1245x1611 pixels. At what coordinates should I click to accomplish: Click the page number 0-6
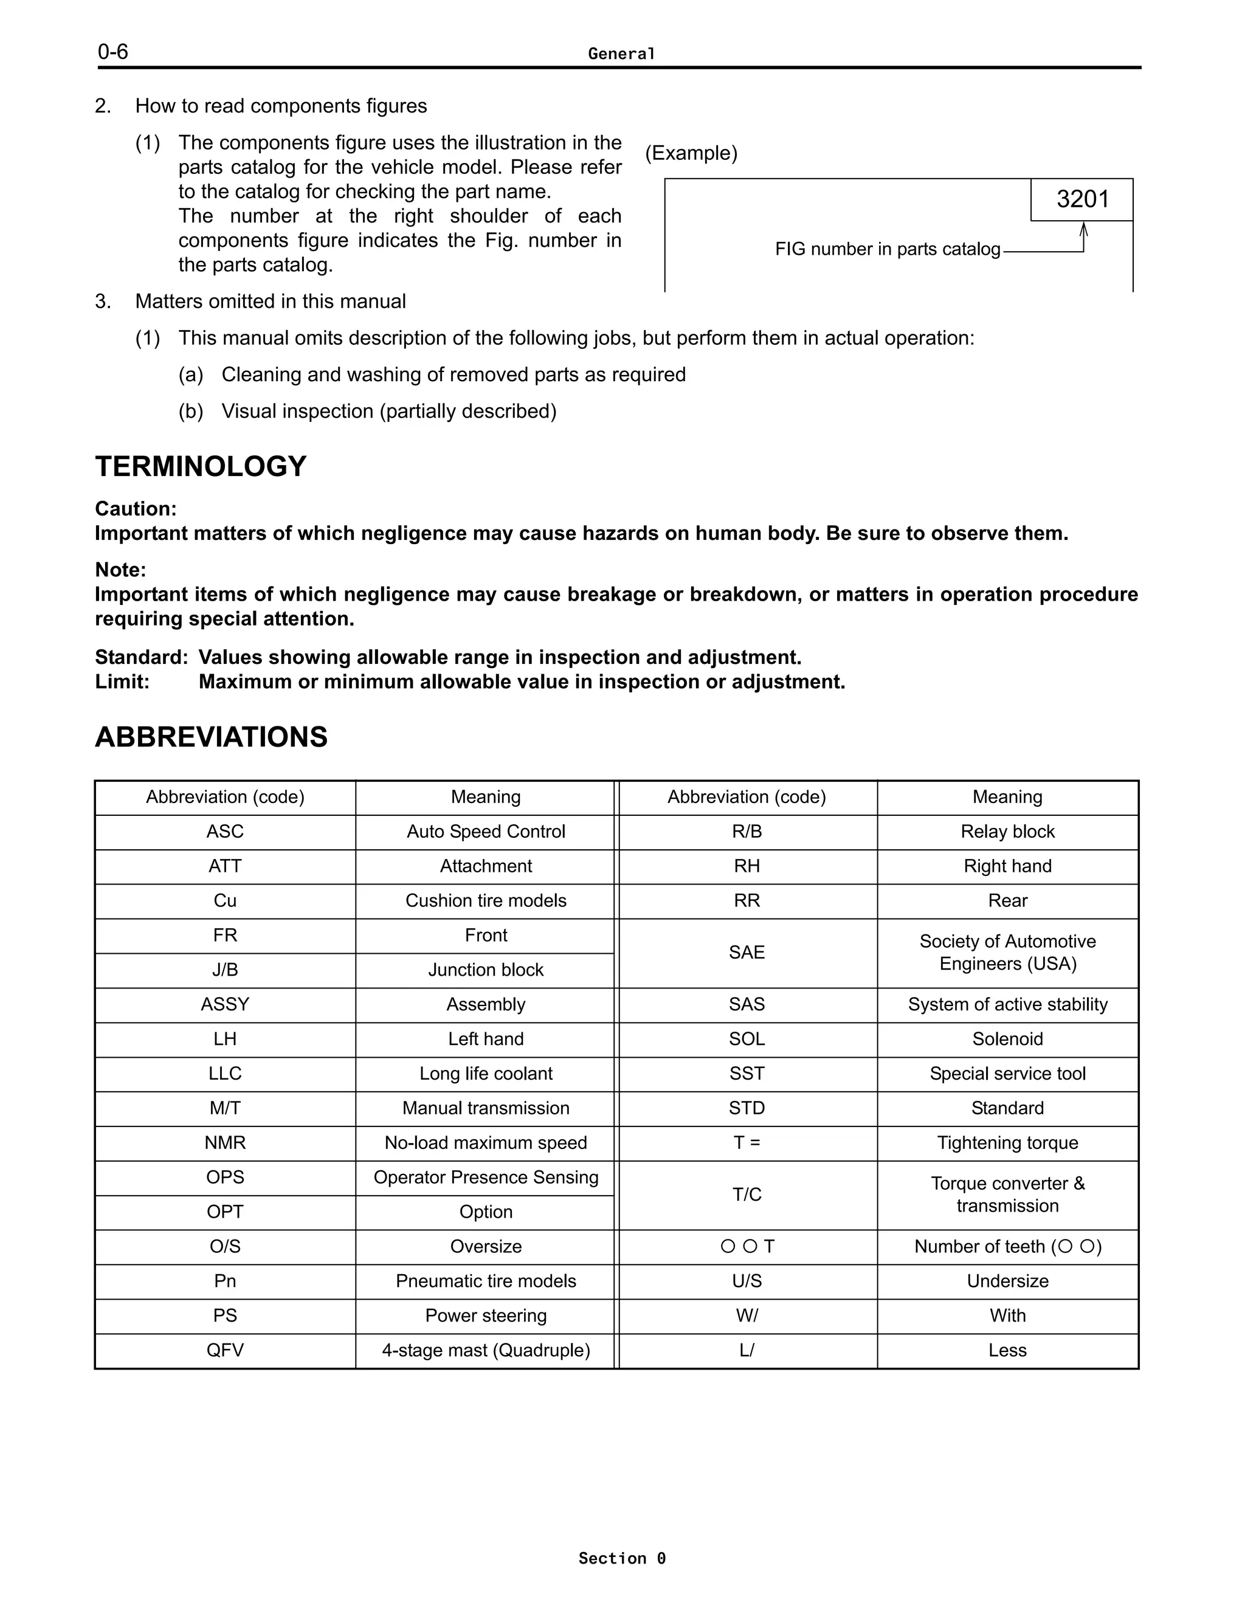click(113, 52)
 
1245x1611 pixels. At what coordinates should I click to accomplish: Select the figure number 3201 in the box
click(1082, 199)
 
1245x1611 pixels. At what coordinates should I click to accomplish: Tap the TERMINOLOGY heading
click(201, 466)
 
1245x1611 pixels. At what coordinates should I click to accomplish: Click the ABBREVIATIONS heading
click(211, 737)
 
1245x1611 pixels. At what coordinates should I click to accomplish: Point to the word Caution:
click(136, 509)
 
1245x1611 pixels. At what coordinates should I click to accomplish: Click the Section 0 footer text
click(622, 1558)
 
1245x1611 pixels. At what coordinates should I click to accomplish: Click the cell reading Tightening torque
click(1007, 1143)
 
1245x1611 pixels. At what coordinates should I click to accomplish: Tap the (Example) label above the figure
click(691, 153)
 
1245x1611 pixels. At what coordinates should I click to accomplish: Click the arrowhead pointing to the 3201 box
click(1083, 228)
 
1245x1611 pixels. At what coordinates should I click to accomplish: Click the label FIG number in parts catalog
click(888, 249)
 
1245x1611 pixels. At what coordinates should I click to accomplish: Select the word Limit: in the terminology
click(122, 681)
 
